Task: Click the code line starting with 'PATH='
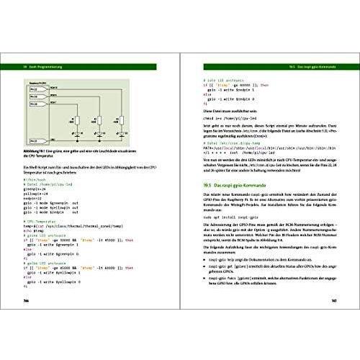click(x=266, y=132)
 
